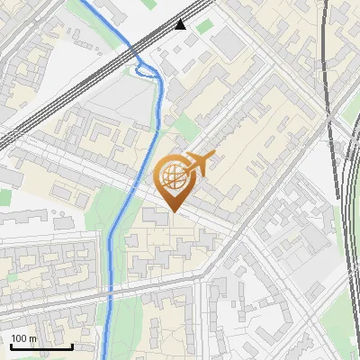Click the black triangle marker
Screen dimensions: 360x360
181,24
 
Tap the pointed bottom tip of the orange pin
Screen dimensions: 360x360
173,211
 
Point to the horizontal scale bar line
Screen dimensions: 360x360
41,346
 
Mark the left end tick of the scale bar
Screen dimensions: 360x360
11,345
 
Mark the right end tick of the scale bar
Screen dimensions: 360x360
72,345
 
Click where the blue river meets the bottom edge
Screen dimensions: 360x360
107,358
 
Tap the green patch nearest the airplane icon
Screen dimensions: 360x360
185,126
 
